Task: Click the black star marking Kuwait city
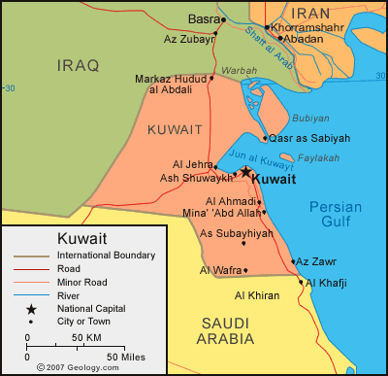click(x=245, y=172)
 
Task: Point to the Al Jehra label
click(x=192, y=164)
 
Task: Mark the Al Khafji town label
click(x=327, y=283)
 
